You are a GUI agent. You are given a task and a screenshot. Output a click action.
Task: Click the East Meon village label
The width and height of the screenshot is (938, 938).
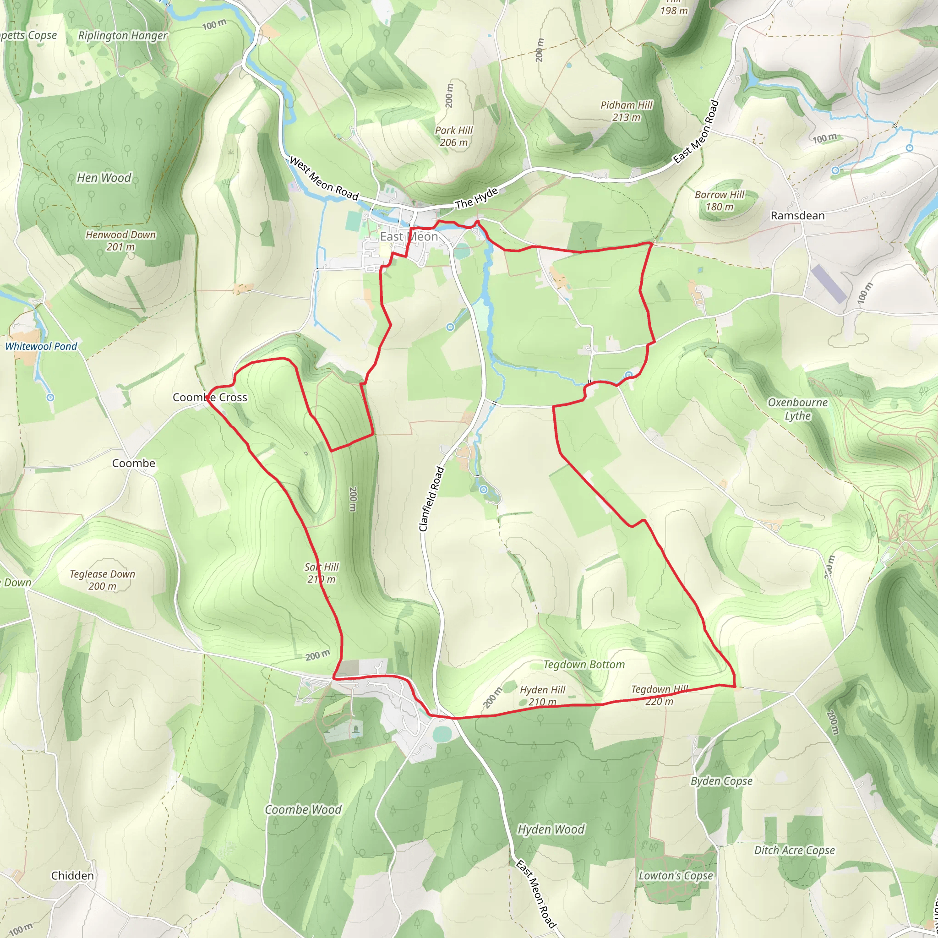coord(409,236)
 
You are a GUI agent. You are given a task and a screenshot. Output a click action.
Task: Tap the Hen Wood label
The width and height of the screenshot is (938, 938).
coord(104,178)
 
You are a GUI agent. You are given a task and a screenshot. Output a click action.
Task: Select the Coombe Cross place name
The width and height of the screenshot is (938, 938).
coord(210,397)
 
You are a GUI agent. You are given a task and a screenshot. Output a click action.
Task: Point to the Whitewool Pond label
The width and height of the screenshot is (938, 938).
coord(41,346)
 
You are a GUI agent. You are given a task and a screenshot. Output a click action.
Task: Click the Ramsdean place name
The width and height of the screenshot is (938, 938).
coord(798,216)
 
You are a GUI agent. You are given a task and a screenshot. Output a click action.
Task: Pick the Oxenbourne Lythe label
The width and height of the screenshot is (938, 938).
coord(798,409)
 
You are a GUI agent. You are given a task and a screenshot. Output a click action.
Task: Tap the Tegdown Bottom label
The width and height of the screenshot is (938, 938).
coord(584,664)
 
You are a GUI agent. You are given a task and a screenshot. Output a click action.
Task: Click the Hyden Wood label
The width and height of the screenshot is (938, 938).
coord(551,829)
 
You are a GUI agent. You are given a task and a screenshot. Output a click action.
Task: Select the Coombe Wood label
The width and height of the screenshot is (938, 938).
coord(303,809)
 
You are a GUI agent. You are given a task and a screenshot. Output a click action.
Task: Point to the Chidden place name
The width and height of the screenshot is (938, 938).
coord(72,875)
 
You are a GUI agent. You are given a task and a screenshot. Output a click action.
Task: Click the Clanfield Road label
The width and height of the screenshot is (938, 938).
coord(431,499)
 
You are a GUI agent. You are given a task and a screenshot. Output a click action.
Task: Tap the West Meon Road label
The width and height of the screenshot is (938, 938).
coord(324,179)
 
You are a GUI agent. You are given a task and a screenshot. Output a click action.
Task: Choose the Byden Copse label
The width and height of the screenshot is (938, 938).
coord(721,781)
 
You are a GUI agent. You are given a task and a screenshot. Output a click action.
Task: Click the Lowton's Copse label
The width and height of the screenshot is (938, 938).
coord(676,875)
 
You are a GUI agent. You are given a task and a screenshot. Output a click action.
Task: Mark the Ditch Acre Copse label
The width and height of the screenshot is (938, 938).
coord(794,850)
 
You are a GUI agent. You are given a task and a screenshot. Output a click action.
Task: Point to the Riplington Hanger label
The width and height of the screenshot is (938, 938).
coord(123,35)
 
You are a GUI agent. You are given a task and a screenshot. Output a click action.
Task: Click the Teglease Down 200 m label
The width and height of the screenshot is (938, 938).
coord(103,580)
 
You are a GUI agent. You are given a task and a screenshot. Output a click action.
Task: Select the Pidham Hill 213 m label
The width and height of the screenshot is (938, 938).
coord(626,111)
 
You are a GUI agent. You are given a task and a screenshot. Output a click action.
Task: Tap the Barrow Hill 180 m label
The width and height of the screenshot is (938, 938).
coord(720,201)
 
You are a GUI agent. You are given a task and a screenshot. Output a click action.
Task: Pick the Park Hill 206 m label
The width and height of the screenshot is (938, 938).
coord(453,136)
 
